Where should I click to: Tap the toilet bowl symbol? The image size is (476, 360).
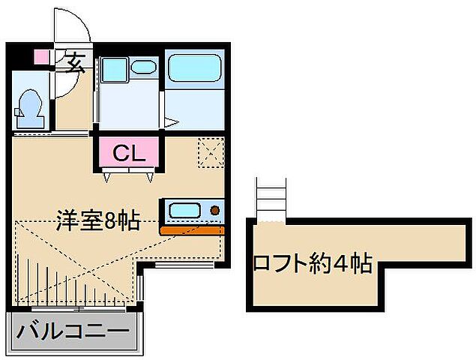(29, 106)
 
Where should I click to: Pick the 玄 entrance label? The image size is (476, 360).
(74, 63)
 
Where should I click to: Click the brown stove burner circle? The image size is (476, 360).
(215, 211)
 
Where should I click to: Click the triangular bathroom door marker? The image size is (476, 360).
(171, 121)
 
